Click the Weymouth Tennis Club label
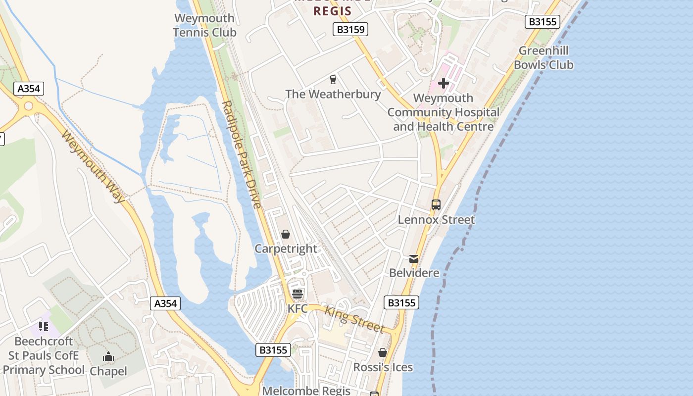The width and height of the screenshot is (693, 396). pos(204,25)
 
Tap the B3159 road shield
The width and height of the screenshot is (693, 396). pos(350,30)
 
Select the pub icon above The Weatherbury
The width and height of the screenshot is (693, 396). pos(333,79)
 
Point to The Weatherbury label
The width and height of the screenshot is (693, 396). pos(333,94)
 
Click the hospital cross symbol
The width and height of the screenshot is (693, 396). pos(443,83)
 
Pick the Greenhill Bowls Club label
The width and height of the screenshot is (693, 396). pos(544,58)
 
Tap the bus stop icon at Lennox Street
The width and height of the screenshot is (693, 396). pos(436,204)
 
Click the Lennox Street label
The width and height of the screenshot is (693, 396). pos(436,219)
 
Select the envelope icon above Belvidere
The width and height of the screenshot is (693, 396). pos(414,258)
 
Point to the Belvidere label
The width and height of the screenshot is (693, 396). pos(414,273)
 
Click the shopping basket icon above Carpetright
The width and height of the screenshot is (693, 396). pos(286,234)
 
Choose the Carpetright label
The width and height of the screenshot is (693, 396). pos(286,248)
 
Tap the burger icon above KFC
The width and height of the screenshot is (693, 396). pos(297,294)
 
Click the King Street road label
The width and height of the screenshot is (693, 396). pos(354,319)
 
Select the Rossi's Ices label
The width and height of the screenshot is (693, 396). pos(383,367)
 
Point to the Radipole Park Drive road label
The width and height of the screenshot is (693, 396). pos(242,154)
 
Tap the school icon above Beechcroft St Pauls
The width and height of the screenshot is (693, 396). pos(44,327)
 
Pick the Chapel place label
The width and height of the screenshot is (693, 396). pos(108,371)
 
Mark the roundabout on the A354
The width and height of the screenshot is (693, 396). pos(28,106)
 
